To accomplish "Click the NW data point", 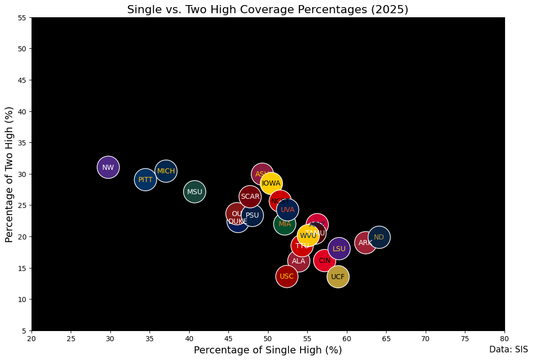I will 108,167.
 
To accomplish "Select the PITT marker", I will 145,179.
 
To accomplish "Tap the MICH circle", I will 166,171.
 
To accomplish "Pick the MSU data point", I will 195,192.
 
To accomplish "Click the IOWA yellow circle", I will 271,183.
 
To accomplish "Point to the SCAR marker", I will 250,196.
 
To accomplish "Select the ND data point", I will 379,237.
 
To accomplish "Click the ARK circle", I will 366,243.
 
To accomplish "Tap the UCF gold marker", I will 338,277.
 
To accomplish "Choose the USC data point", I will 287,277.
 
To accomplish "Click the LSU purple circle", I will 339,249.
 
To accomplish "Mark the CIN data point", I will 324,261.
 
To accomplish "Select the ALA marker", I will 299,261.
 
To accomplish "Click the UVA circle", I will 288,209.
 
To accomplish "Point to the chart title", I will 268,10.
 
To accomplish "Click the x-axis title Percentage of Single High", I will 268,350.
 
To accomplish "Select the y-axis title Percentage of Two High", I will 9,174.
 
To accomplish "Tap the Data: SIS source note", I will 509,349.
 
